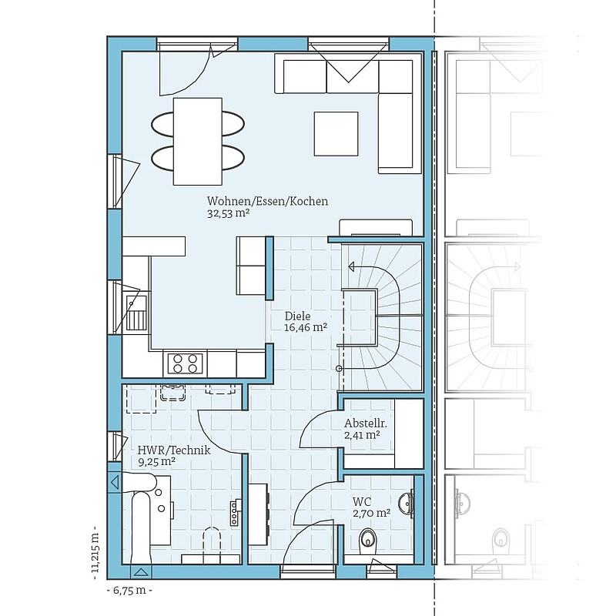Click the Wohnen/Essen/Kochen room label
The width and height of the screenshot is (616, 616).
tap(267, 201)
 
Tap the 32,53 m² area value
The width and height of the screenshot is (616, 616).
tap(229, 213)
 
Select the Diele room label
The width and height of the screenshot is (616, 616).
tap(297, 316)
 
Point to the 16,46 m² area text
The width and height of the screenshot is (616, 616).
tap(306, 327)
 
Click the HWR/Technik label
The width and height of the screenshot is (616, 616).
tap(174, 450)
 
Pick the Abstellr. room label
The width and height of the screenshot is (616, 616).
tap(365, 423)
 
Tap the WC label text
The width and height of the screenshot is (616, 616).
tap(361, 502)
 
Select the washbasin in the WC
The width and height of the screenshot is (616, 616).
tap(407, 504)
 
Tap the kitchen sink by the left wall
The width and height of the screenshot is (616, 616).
tap(136, 312)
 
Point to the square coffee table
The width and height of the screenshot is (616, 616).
tap(336, 133)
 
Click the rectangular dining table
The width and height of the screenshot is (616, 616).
tap(198, 142)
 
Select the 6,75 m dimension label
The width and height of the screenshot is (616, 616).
tap(129, 591)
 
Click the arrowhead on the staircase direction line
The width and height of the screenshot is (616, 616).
tap(351, 267)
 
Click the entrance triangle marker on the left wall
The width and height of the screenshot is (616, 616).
tap(115, 482)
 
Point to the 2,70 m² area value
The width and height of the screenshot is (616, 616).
tap(371, 513)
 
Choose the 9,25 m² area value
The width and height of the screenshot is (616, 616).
tap(156, 461)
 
